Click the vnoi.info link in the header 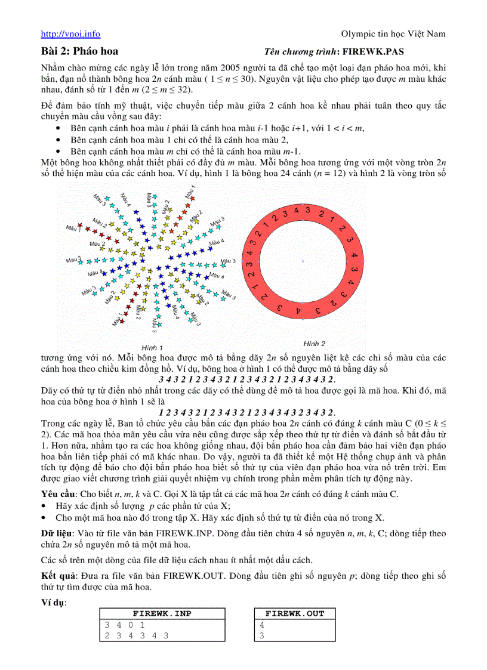coord(70,35)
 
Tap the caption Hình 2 coord(314,344)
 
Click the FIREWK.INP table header coord(162,613)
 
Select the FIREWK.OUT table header coord(294,613)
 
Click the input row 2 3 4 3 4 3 coord(136,635)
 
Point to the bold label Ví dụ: coord(54,603)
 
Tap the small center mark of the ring coord(303,261)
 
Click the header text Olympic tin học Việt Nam coord(393,35)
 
